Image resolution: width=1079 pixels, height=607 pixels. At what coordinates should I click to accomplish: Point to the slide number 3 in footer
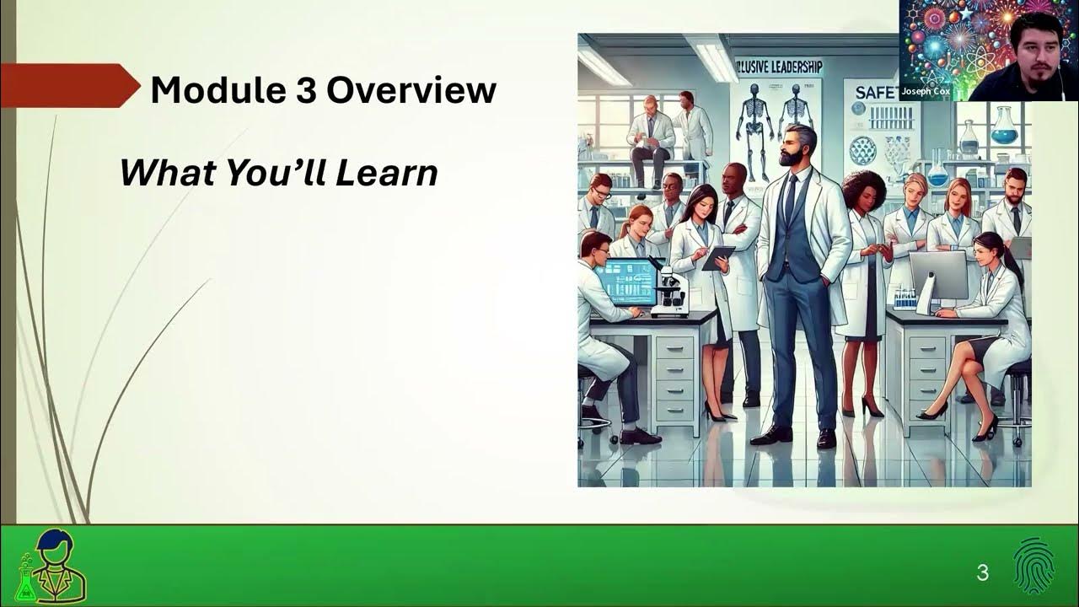pyautogui.click(x=982, y=573)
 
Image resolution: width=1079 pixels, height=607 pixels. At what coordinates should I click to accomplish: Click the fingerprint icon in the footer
pyautogui.click(x=1034, y=567)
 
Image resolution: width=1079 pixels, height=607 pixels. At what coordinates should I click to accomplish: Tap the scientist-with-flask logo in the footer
pyautogui.click(x=52, y=567)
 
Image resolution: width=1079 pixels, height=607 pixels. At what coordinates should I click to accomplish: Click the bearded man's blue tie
pyautogui.click(x=790, y=198)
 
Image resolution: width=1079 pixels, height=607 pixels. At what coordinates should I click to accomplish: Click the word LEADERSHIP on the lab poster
pyautogui.click(x=789, y=67)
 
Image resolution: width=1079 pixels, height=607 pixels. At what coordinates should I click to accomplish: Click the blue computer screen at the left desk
pyautogui.click(x=626, y=282)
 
